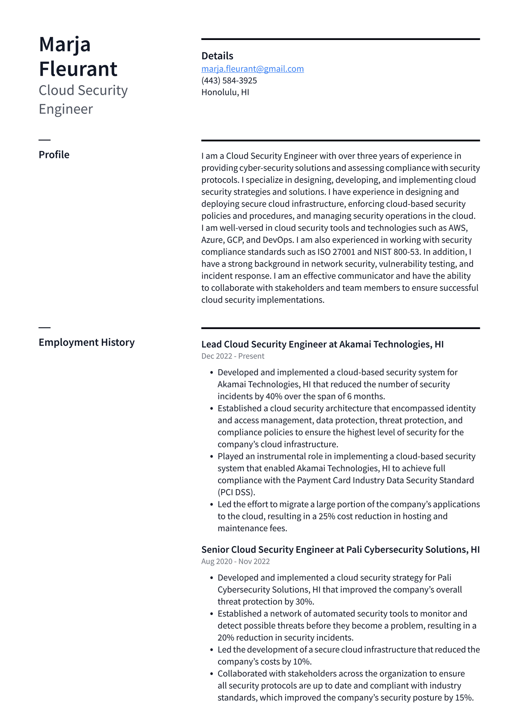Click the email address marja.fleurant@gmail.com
(252, 69)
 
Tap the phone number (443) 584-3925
(229, 81)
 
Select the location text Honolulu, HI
(225, 92)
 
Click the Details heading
(217, 56)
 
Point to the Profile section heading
(54, 155)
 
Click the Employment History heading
(87, 342)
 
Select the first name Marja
(65, 44)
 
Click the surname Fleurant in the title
(78, 69)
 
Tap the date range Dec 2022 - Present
(233, 356)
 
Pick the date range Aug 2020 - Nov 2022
(235, 562)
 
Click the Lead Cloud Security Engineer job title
(264, 344)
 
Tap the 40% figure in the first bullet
(274, 397)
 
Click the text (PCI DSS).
(236, 492)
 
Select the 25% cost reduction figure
(326, 516)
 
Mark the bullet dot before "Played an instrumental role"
(211, 457)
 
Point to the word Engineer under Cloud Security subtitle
(66, 109)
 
